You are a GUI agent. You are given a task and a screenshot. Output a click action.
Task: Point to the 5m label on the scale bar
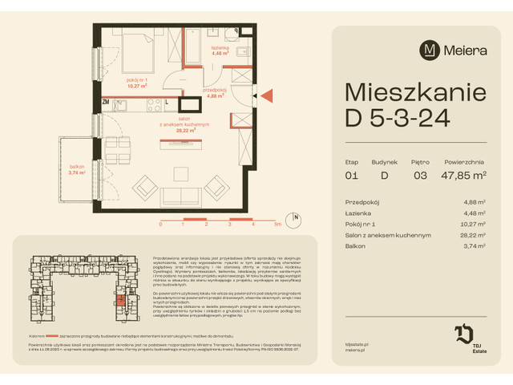tap(277, 225)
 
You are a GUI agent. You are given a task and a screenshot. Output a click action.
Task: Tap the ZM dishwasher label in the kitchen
tap(105, 102)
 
